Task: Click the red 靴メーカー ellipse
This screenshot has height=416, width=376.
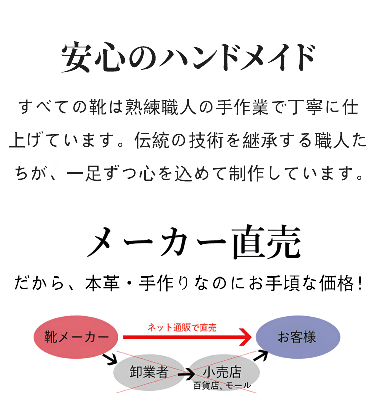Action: click(76, 337)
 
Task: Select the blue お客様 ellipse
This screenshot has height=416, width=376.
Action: click(298, 337)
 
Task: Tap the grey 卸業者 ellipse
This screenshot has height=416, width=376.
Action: click(149, 372)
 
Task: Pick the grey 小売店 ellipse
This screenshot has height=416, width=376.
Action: click(224, 372)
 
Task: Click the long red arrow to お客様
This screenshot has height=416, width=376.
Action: click(187, 337)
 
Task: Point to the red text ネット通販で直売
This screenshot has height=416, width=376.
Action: click(182, 327)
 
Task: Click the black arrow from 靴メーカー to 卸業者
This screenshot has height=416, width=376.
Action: click(110, 359)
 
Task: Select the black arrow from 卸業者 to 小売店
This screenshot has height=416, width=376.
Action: click(186, 374)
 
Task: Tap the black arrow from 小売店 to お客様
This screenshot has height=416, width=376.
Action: click(261, 355)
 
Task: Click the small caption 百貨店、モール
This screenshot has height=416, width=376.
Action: click(222, 385)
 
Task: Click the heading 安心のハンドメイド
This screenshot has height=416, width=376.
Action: click(189, 57)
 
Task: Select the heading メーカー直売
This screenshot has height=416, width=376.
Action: click(194, 242)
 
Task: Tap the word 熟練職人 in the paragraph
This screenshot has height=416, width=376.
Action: click(161, 107)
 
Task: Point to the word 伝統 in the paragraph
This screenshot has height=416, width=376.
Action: click(152, 140)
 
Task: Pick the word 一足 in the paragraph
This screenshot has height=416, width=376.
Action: click(84, 173)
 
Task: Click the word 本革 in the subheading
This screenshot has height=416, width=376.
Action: click(102, 283)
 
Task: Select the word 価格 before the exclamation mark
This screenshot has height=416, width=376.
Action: click(337, 283)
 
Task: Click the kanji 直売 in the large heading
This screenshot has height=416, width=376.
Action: click(267, 242)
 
